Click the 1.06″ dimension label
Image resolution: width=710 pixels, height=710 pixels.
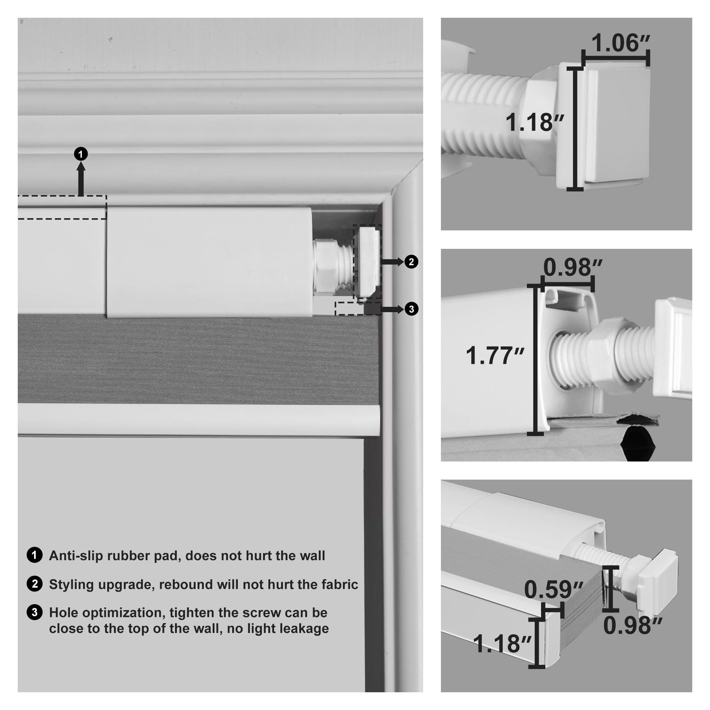(x=620, y=43)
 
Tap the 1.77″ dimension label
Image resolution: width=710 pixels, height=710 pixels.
(x=495, y=356)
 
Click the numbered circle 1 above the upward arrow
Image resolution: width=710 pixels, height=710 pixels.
(x=81, y=154)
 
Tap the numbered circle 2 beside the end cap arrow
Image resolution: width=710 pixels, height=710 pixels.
(x=411, y=262)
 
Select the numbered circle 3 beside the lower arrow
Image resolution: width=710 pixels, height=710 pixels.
(x=411, y=309)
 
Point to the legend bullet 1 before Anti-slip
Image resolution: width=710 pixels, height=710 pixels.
(x=34, y=555)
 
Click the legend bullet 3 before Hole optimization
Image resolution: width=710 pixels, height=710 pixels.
(x=34, y=613)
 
